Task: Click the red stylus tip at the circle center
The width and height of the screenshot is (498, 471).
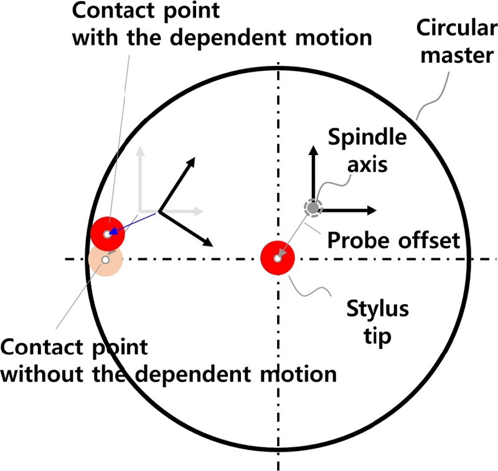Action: point(276,258)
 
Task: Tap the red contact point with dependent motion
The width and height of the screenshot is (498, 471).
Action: point(108,233)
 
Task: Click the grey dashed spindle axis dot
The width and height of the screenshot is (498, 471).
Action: point(312,208)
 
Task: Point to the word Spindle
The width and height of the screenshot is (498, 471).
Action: point(367,138)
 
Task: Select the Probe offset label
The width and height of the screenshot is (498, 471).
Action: point(393,240)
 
